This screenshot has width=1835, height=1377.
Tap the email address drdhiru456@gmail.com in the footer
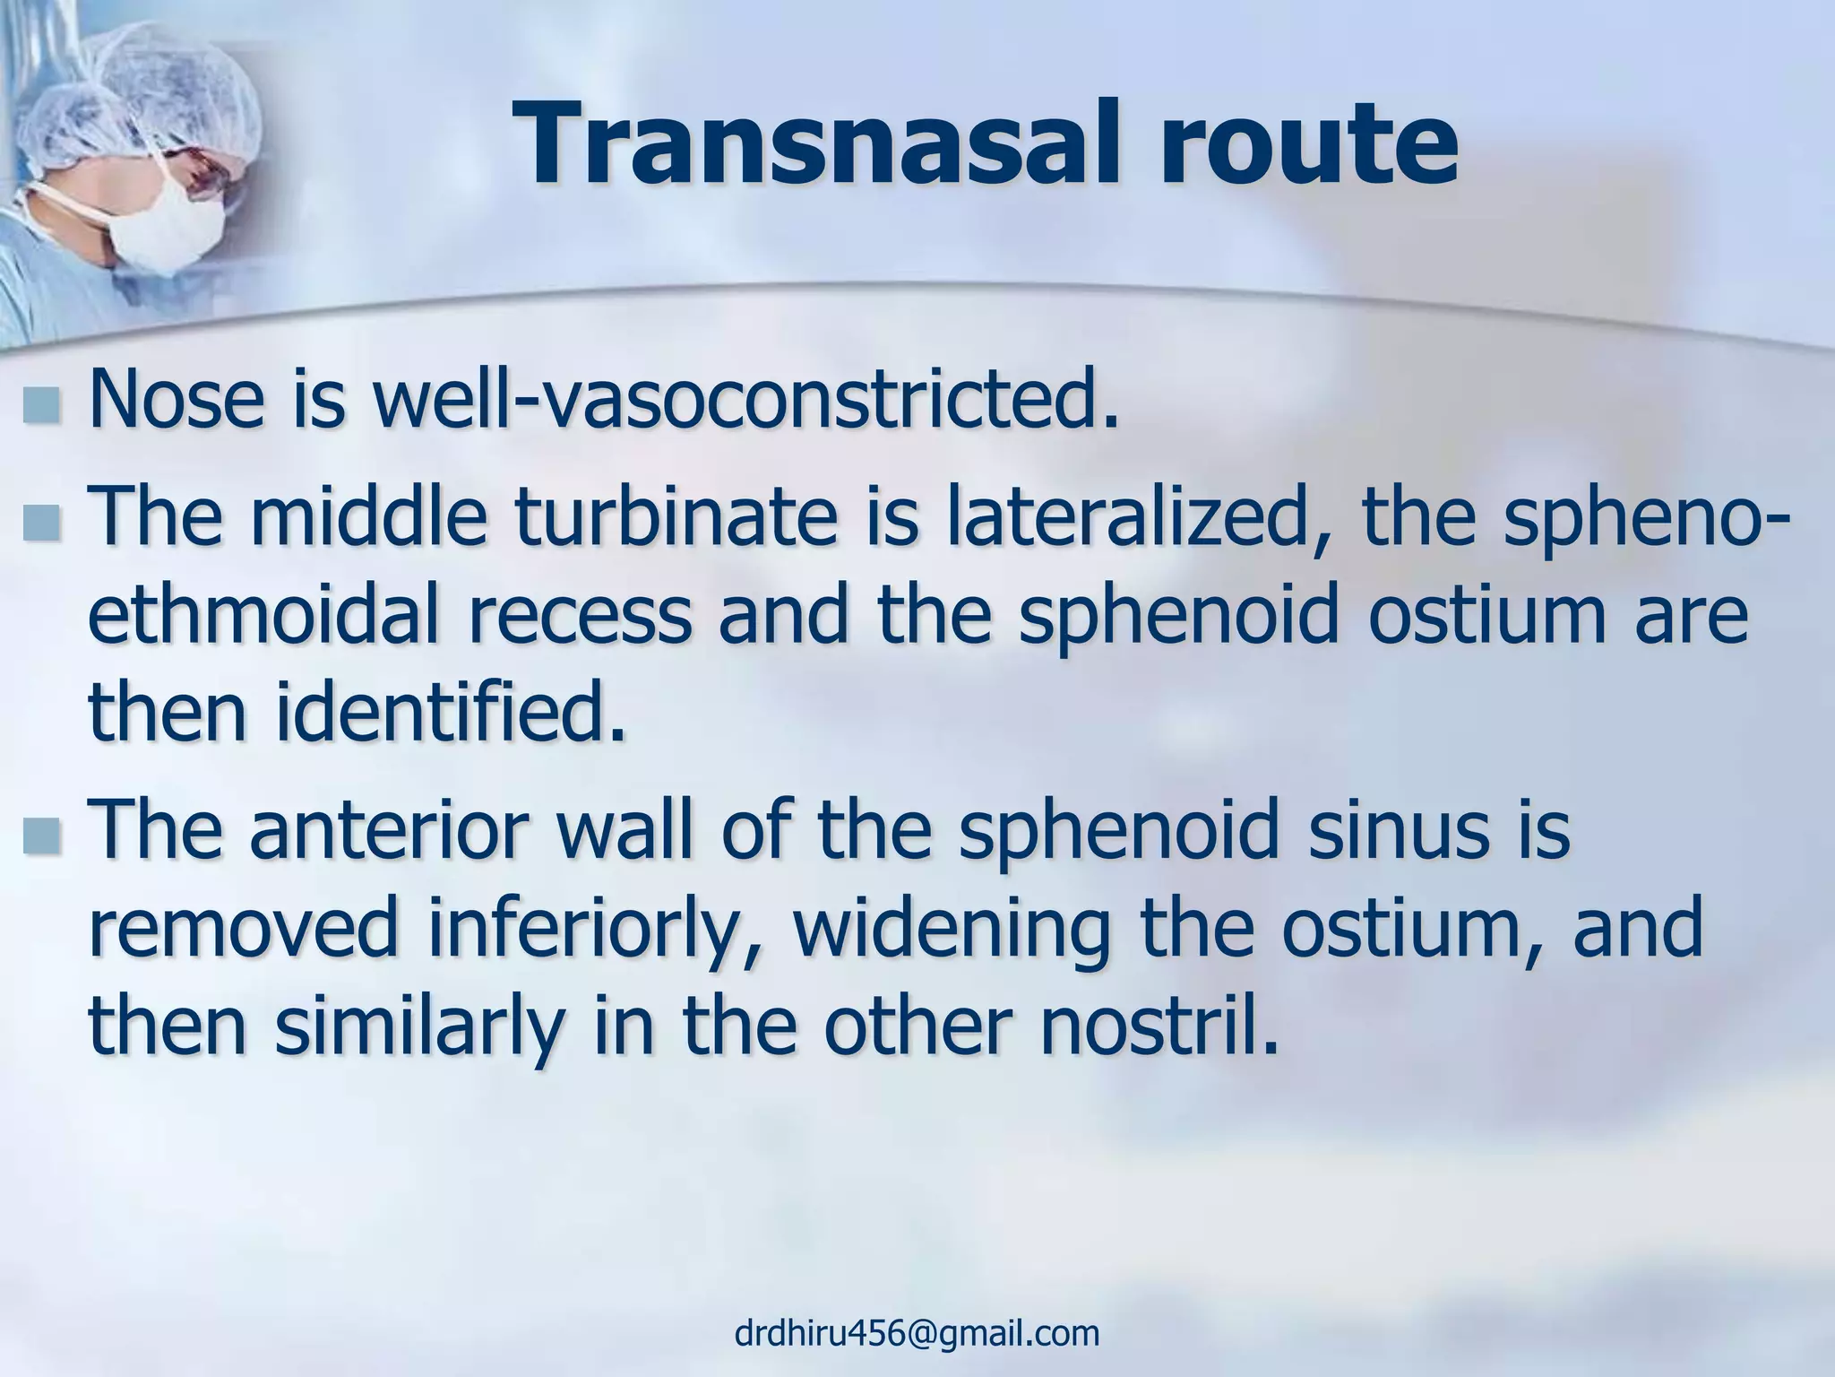point(917,1333)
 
